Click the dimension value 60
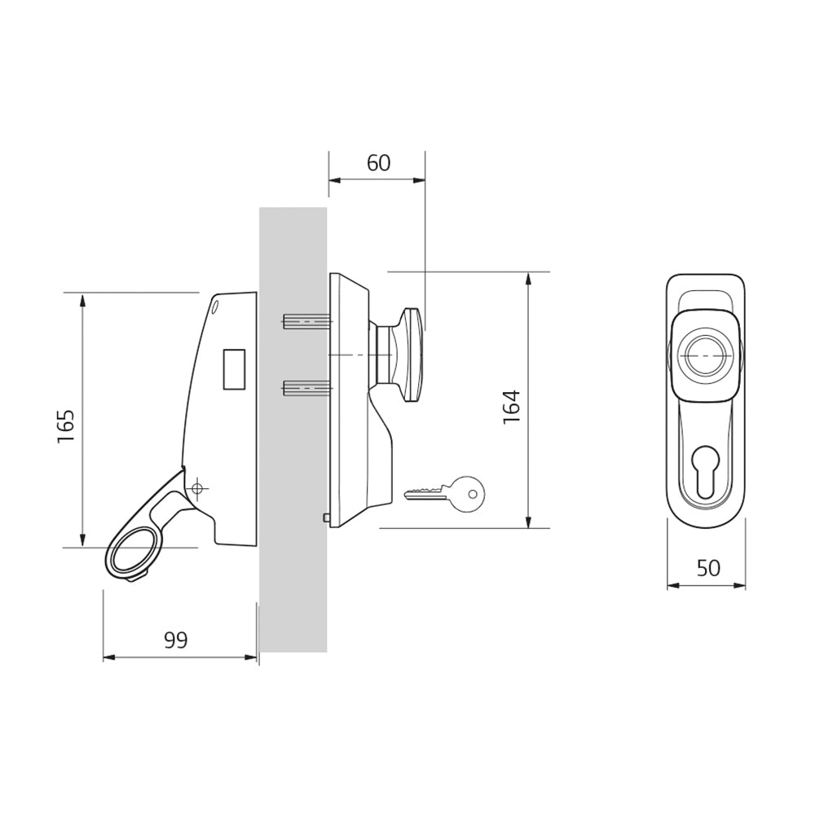(x=378, y=163)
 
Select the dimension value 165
(x=67, y=427)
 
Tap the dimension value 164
(x=512, y=407)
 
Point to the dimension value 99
(x=176, y=641)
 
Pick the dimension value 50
(x=708, y=568)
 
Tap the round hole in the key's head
(x=472, y=493)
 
